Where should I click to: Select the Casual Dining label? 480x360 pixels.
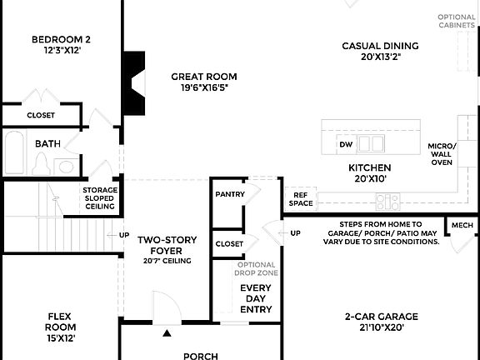pos(380,51)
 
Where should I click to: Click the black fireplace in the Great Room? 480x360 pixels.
pos(133,82)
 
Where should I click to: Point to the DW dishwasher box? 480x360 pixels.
pos(346,144)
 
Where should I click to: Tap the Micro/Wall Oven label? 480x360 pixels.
pos(441,154)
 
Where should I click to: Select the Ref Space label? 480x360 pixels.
pos(301,198)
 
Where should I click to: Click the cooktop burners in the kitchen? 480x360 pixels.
pos(387,200)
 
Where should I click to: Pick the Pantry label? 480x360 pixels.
pos(229,193)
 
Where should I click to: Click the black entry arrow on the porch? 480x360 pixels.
pos(167,333)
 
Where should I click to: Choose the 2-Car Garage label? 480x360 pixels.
pos(381,322)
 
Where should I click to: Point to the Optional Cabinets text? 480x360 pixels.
pos(458,21)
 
